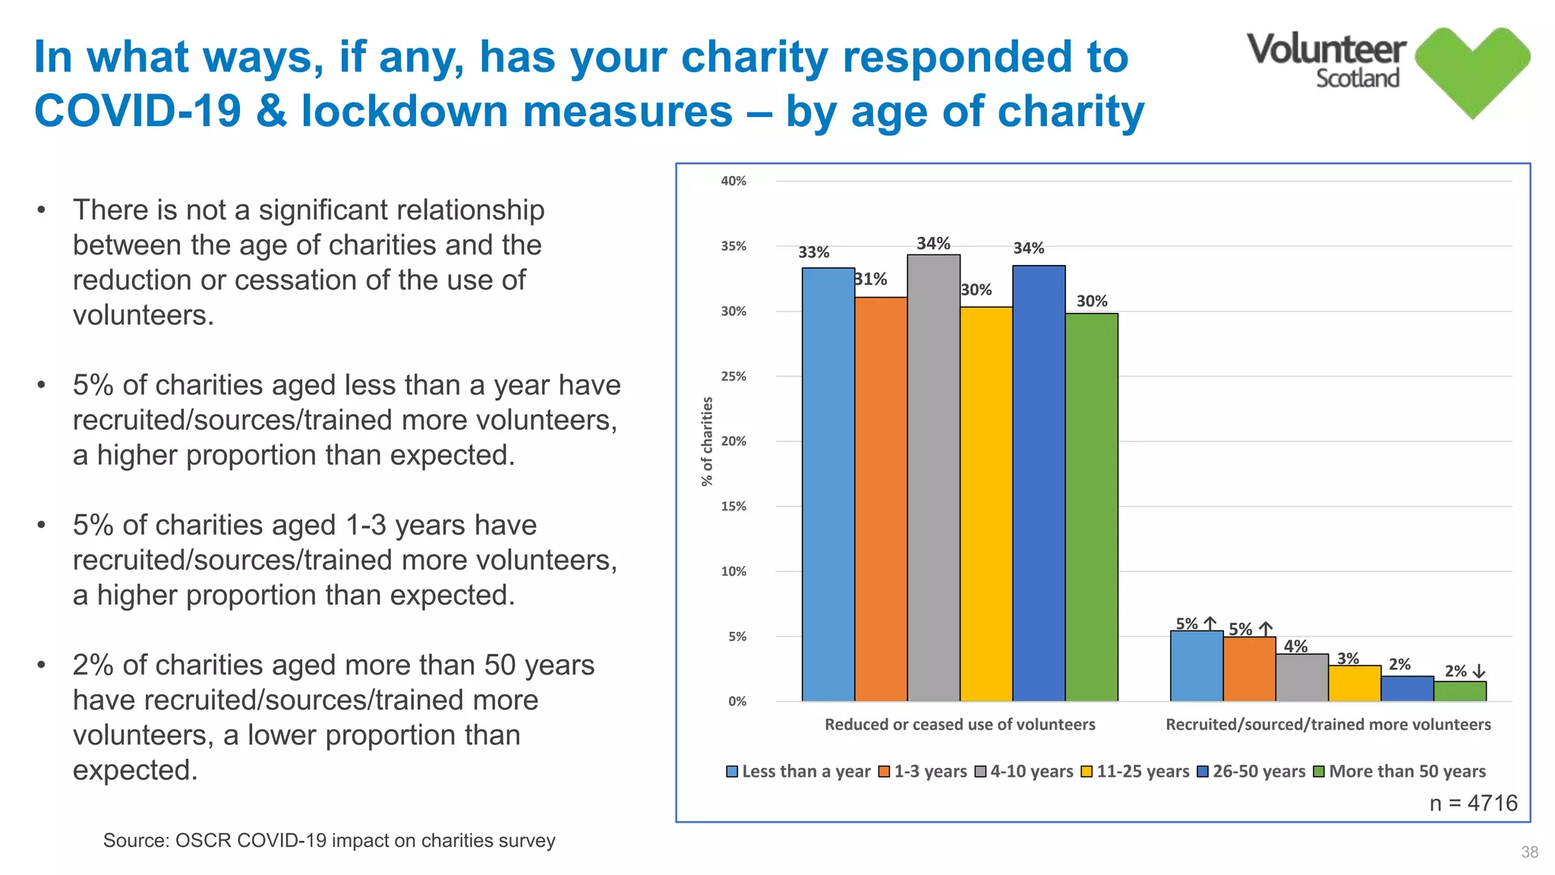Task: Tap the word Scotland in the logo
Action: tap(1357, 78)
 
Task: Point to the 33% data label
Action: tap(813, 252)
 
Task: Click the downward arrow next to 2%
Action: tap(1479, 671)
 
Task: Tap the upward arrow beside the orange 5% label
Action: tap(1266, 629)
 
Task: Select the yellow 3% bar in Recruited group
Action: tap(1354, 683)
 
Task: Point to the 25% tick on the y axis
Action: tap(733, 376)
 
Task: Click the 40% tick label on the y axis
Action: tap(733, 181)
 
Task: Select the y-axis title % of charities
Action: tap(707, 441)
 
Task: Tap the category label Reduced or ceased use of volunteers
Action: tap(960, 725)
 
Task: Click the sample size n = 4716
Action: tap(1473, 803)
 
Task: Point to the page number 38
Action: tap(1529, 852)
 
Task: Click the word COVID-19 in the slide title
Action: tap(137, 111)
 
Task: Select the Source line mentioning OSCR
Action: tap(329, 840)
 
